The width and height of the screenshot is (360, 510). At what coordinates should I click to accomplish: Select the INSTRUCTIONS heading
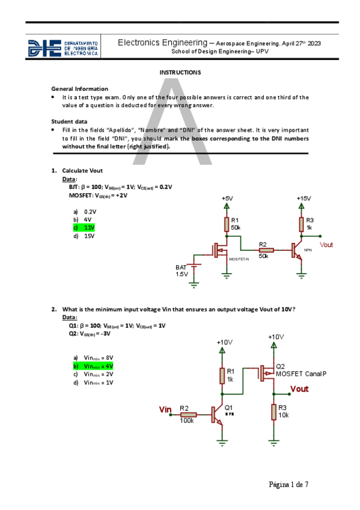180,72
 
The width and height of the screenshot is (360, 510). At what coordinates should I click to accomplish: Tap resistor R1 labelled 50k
227,224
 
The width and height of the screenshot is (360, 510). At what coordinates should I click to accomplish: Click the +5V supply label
227,198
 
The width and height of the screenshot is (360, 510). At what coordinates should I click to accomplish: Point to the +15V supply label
304,198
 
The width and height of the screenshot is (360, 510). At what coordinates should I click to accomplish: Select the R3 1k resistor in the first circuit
301,224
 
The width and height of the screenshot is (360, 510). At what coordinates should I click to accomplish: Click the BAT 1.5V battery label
182,270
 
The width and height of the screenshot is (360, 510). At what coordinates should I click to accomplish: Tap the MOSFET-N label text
239,259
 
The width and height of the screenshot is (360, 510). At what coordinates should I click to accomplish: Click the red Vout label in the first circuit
326,245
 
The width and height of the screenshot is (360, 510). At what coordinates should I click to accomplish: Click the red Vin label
165,409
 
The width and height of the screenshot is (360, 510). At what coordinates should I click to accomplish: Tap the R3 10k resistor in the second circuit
274,411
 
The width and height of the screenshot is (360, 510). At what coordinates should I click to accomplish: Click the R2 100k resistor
188,414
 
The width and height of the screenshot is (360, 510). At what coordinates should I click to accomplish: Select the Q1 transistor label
228,408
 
